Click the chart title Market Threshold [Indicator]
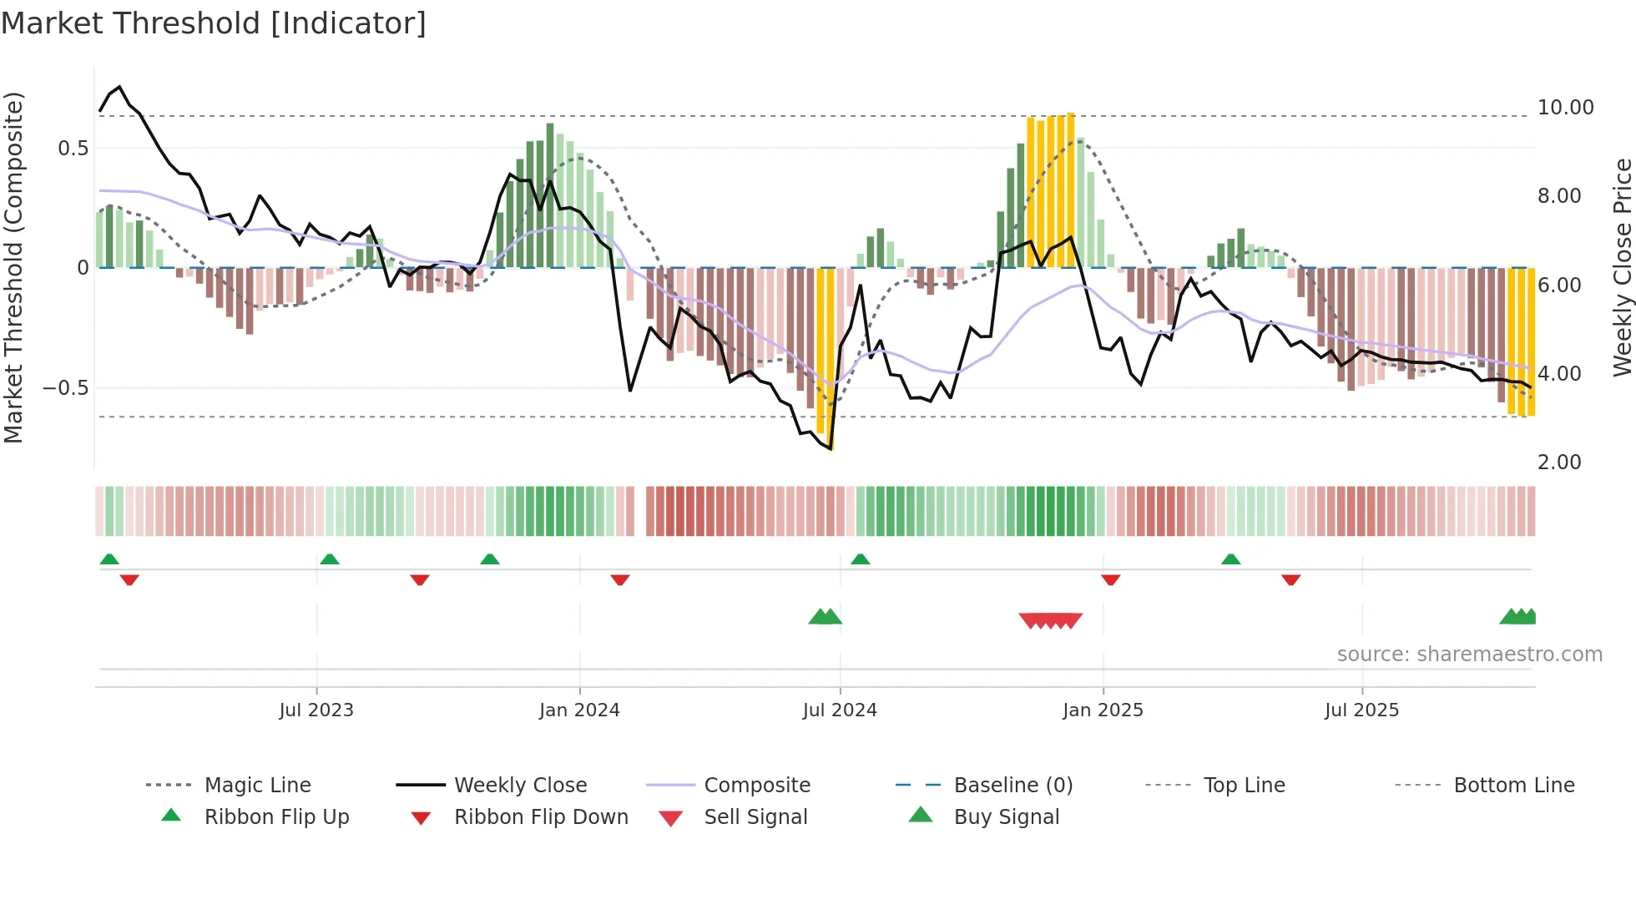[214, 23]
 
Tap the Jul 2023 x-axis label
[316, 710]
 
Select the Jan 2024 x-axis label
[579, 710]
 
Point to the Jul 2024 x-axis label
[840, 710]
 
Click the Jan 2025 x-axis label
[1103, 710]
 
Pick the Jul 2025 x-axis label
[1361, 710]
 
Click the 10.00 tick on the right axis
[1565, 108]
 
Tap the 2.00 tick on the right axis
[1559, 463]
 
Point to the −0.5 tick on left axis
[65, 388]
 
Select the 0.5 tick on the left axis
[73, 149]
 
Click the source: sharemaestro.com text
[1469, 655]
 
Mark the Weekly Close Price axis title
[1622, 267]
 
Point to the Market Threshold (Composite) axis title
[13, 267]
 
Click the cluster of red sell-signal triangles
[1050, 620]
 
